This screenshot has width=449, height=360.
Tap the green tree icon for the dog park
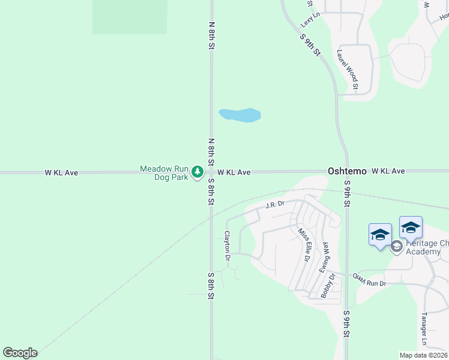click(x=197, y=173)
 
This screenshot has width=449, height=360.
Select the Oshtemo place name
click(x=347, y=172)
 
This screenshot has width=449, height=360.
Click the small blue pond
click(x=240, y=115)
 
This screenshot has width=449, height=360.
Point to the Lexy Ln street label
click(x=307, y=19)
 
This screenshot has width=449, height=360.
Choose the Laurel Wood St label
click(x=348, y=69)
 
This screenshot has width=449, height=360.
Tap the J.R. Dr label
click(x=274, y=205)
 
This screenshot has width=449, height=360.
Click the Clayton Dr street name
click(x=228, y=246)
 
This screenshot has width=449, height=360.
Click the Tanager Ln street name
click(x=424, y=331)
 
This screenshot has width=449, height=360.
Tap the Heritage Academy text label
click(x=427, y=247)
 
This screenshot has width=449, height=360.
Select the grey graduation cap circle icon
click(x=396, y=246)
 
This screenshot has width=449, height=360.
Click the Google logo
click(x=20, y=353)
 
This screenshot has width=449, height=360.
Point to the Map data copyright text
click(x=423, y=355)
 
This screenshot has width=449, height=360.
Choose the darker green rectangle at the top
click(x=129, y=17)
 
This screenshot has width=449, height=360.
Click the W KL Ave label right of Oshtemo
click(x=388, y=172)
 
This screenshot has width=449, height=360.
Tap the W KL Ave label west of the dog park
click(x=61, y=173)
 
